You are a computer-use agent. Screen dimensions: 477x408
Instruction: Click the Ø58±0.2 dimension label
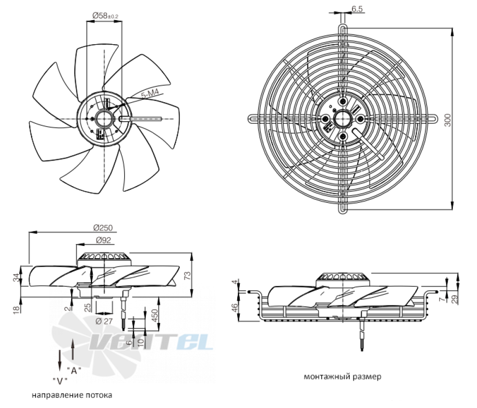coord(105,16)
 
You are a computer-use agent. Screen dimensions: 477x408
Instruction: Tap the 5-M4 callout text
coord(150,95)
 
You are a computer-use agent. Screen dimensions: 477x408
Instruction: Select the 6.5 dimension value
coord(357,9)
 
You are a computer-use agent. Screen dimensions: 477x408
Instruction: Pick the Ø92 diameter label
coord(104,240)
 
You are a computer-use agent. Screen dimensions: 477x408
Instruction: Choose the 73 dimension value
coord(188,275)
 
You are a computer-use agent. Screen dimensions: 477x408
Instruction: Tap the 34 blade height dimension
coord(17,277)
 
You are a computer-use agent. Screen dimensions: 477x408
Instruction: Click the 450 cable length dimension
coord(155,316)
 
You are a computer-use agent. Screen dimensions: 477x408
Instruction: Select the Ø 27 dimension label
coord(104,321)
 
